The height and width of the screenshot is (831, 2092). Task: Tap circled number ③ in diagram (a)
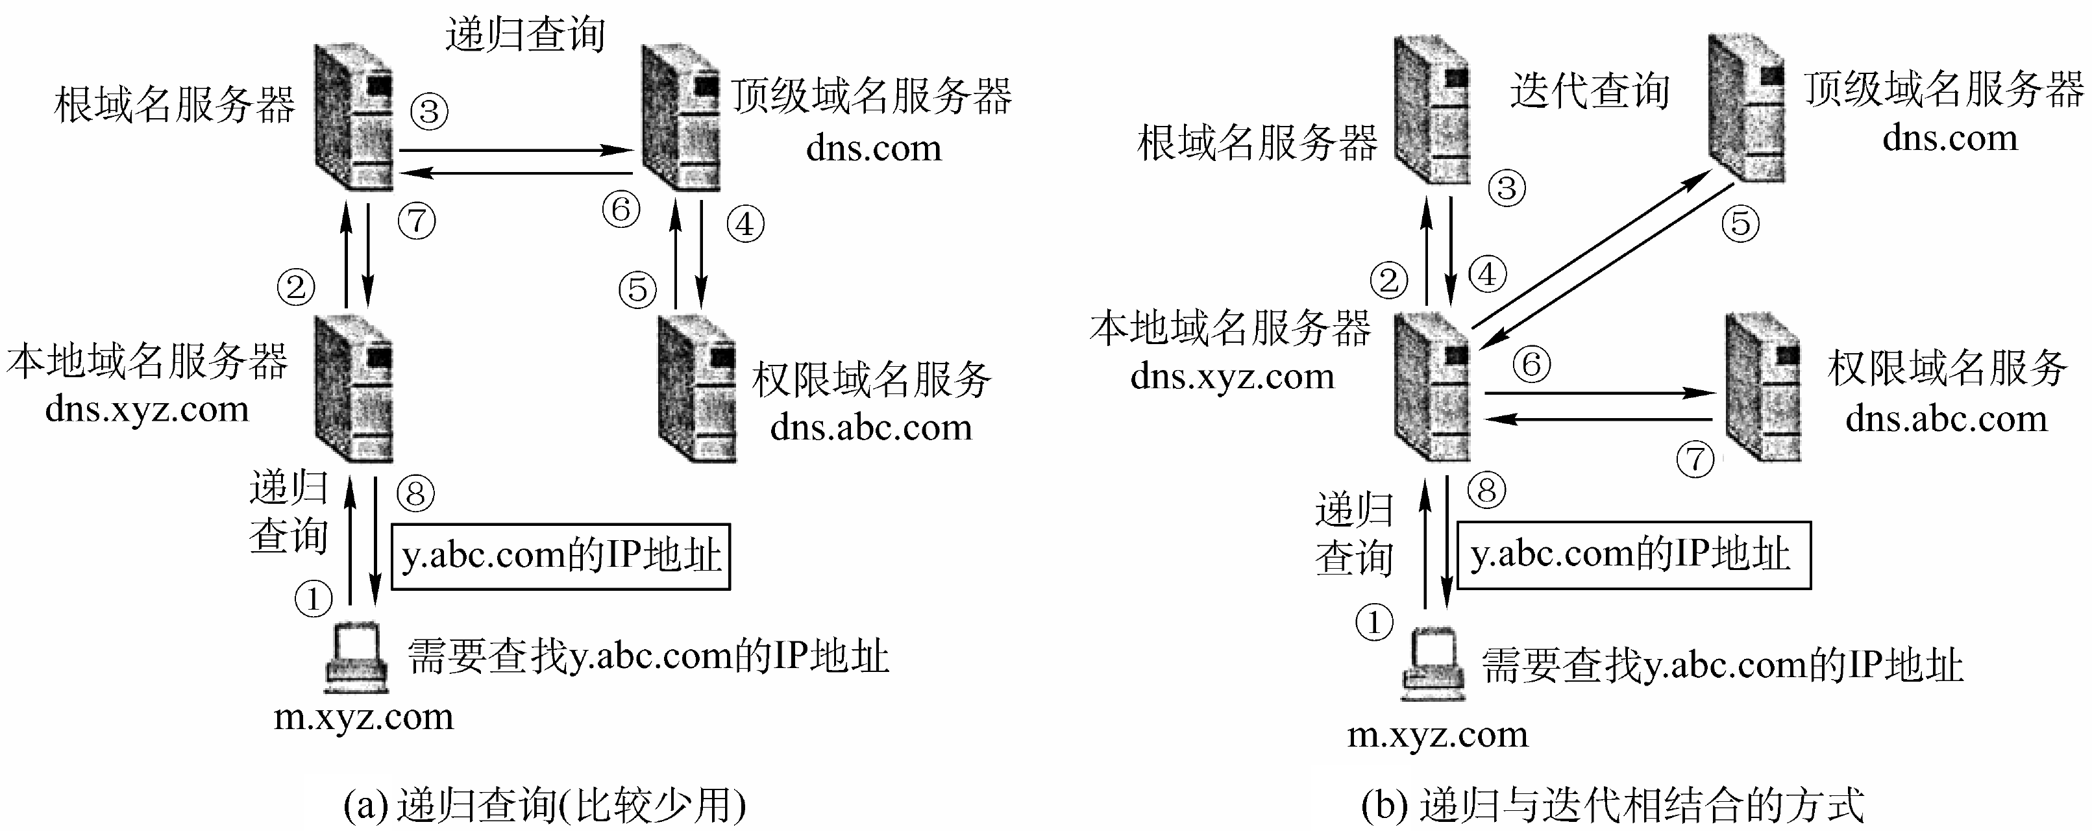[430, 111]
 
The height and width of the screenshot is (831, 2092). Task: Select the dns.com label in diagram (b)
[1949, 138]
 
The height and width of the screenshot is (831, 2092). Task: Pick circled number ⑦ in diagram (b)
[1695, 459]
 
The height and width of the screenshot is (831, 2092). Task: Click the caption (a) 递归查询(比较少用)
[544, 806]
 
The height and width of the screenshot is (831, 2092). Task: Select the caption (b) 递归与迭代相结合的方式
[1612, 806]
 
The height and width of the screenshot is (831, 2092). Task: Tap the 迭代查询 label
[1590, 91]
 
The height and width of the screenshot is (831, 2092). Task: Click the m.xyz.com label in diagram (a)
[363, 717]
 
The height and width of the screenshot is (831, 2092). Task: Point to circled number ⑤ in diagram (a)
[637, 289]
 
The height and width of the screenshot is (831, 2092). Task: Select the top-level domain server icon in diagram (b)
[1746, 108]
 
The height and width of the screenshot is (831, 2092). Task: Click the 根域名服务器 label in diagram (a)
[175, 106]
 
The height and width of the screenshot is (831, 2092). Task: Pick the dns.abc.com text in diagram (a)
[870, 427]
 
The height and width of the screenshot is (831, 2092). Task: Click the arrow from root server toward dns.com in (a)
[515, 150]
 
